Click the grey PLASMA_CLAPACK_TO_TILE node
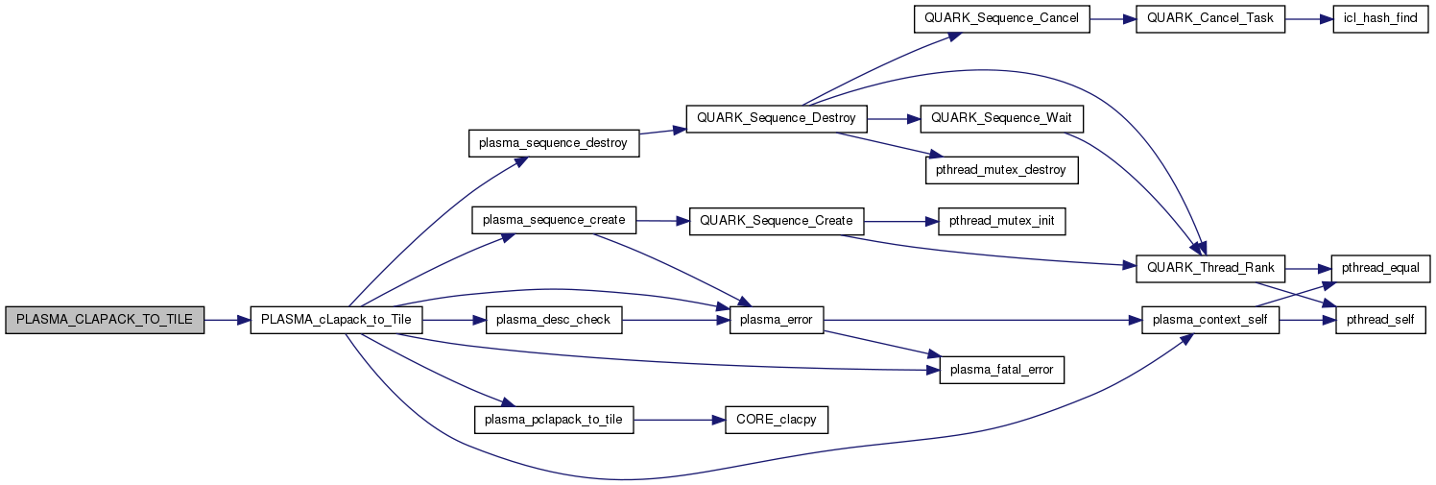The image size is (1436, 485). tap(105, 320)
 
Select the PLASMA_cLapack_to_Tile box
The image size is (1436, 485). tap(336, 320)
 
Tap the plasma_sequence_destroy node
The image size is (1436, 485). tap(554, 144)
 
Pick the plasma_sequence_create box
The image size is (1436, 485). tap(554, 221)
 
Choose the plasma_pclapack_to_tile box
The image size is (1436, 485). tap(554, 420)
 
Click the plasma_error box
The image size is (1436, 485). tap(776, 320)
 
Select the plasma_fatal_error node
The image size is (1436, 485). tap(1001, 370)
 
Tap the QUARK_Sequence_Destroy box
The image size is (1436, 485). tap(776, 119)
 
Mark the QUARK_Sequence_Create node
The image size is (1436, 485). tap(776, 221)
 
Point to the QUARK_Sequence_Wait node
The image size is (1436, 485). tap(1001, 119)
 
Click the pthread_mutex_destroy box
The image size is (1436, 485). tap(1001, 169)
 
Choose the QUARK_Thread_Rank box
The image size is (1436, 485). tap(1209, 270)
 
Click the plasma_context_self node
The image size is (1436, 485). tap(1209, 320)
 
